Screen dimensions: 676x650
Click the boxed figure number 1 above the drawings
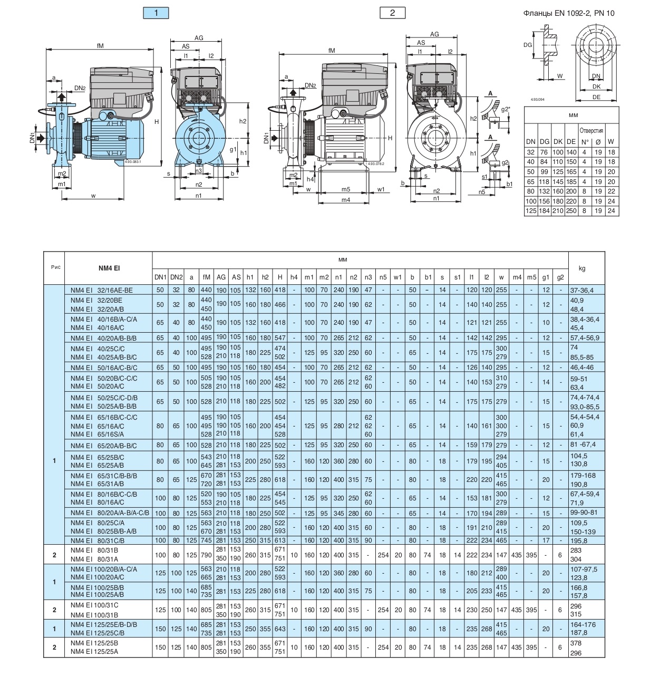pos(156,13)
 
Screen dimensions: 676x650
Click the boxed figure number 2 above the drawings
pos(392,13)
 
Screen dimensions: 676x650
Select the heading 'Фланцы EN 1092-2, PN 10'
pos(569,14)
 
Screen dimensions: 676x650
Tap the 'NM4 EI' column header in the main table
pos(109,268)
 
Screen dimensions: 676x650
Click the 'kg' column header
pos(581,268)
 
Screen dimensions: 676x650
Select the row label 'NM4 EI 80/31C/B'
pos(97,540)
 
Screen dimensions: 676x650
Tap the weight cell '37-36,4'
pos(582,290)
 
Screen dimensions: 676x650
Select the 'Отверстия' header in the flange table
pos(591,130)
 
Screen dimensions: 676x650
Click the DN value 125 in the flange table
pos(530,211)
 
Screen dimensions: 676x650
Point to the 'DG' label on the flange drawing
pos(528,45)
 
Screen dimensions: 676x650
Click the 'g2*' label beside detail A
pos(505,109)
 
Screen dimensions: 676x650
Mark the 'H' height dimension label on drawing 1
pos(157,122)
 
